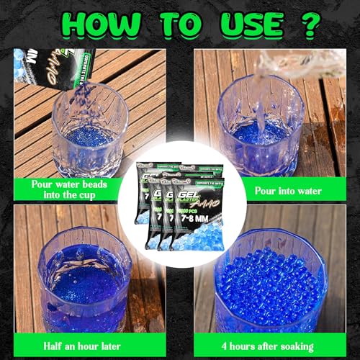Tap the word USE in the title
[x=242, y=24]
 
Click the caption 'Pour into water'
[x=288, y=190]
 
